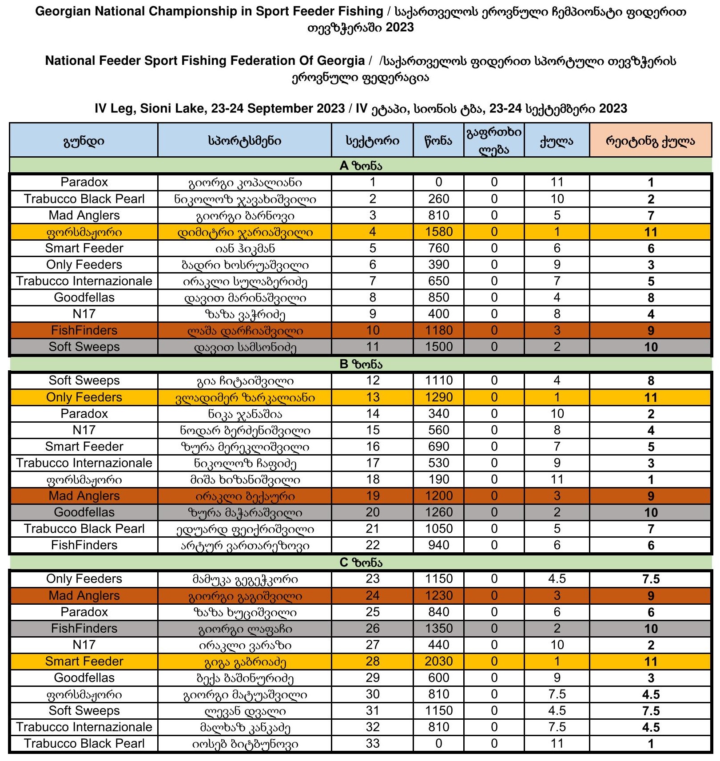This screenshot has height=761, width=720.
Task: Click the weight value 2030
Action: click(x=438, y=661)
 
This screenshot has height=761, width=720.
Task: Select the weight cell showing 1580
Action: click(x=438, y=232)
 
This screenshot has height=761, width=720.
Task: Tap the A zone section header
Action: click(x=360, y=166)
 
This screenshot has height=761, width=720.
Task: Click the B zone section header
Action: click(x=360, y=364)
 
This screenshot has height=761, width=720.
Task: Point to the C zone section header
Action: click(x=360, y=563)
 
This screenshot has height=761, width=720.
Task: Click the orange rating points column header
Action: click(x=650, y=141)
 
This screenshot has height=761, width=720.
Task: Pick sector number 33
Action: click(x=372, y=743)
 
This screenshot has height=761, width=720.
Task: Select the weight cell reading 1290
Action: click(x=438, y=397)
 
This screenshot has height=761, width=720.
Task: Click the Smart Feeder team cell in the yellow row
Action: click(x=84, y=661)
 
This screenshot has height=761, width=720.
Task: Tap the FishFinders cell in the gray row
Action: click(x=84, y=628)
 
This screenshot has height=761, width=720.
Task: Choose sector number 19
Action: click(x=372, y=495)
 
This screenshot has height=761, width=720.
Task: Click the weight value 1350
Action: click(x=438, y=628)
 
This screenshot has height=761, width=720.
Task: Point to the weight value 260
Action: click(x=438, y=199)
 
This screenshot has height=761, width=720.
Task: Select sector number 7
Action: click(x=372, y=281)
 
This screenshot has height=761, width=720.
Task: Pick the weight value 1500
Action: click(x=438, y=347)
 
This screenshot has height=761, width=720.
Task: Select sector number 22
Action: click(x=372, y=545)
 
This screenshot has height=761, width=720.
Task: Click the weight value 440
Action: click(x=438, y=645)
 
